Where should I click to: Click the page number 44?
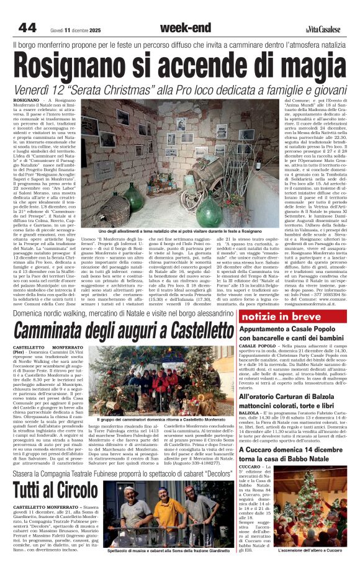[x=27, y=27]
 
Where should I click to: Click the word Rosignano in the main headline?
[x=83, y=65]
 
